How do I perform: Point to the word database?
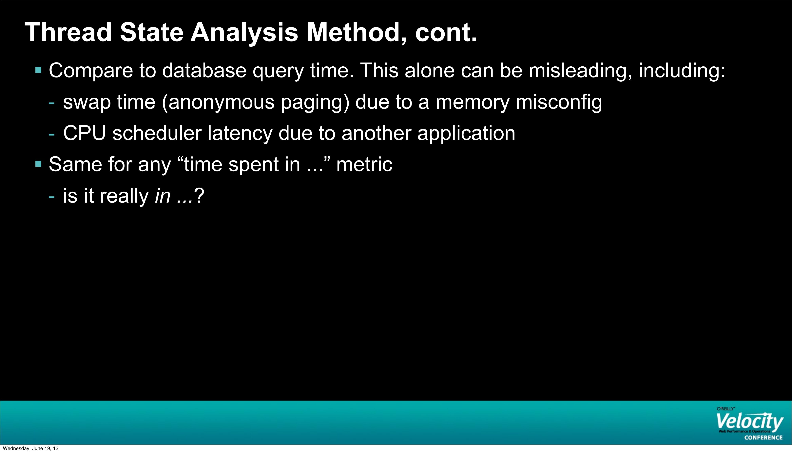pyautogui.click(x=204, y=70)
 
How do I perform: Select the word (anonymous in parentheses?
pyautogui.click(x=218, y=103)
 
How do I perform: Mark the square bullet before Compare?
pyautogui.click(x=38, y=70)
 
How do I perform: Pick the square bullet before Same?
pyautogui.click(x=38, y=164)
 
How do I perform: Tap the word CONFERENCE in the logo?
pyautogui.click(x=763, y=437)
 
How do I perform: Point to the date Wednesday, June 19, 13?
pyautogui.click(x=30, y=448)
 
